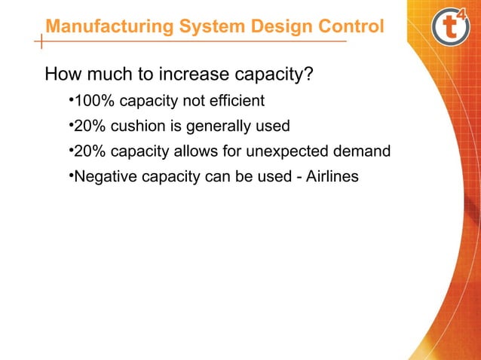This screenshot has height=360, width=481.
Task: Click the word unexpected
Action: point(293,152)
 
